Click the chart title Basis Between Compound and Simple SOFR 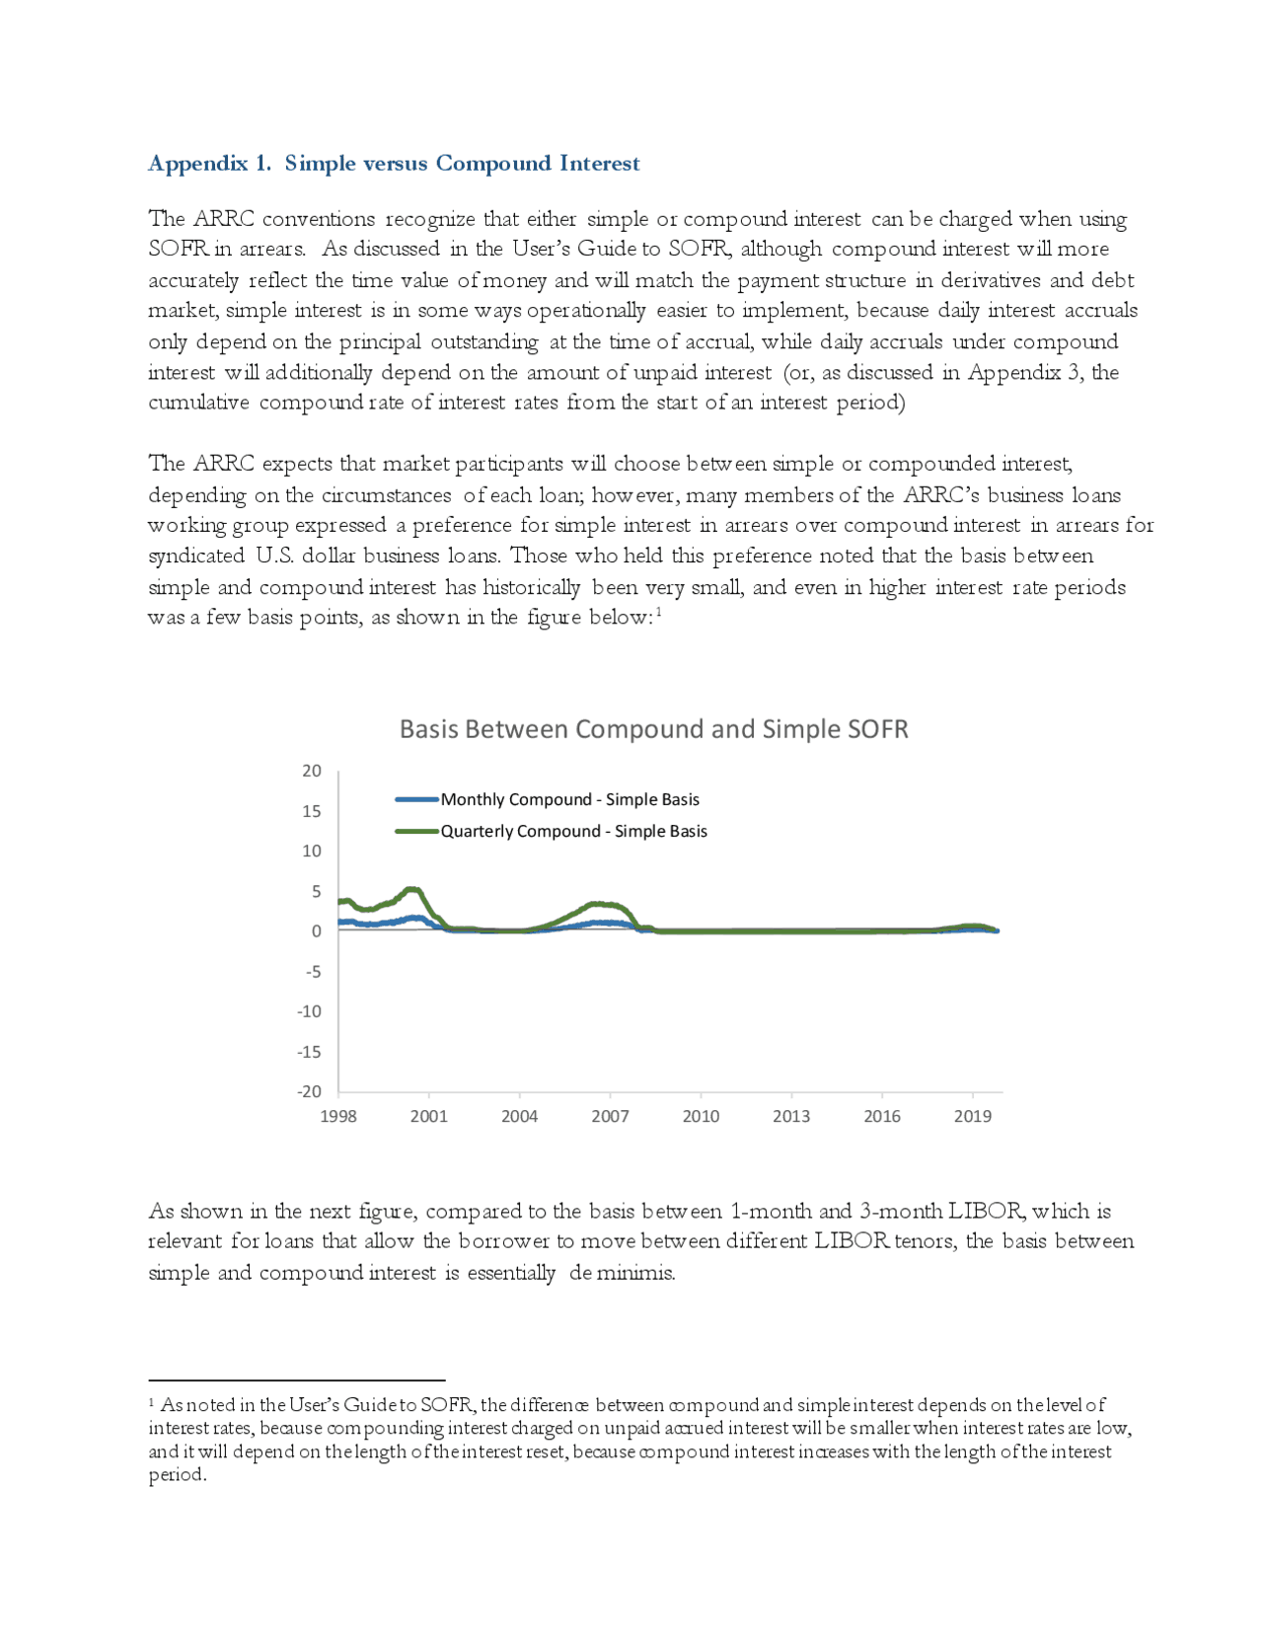coord(653,729)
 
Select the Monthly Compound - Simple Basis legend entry coord(569,799)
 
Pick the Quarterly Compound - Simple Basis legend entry coord(573,831)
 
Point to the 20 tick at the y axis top coord(312,771)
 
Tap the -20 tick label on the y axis coord(309,1091)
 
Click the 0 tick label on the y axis coord(316,931)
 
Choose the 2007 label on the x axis coord(610,1116)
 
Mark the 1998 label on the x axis coord(338,1116)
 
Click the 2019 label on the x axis coord(973,1116)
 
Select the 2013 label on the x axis coord(791,1116)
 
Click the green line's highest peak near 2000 coord(413,890)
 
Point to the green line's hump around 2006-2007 coord(597,904)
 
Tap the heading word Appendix coord(197,164)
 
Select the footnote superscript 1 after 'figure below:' coord(658,612)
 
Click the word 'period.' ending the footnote coord(178,1475)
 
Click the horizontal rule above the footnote coord(296,1380)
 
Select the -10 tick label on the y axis coord(309,1011)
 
